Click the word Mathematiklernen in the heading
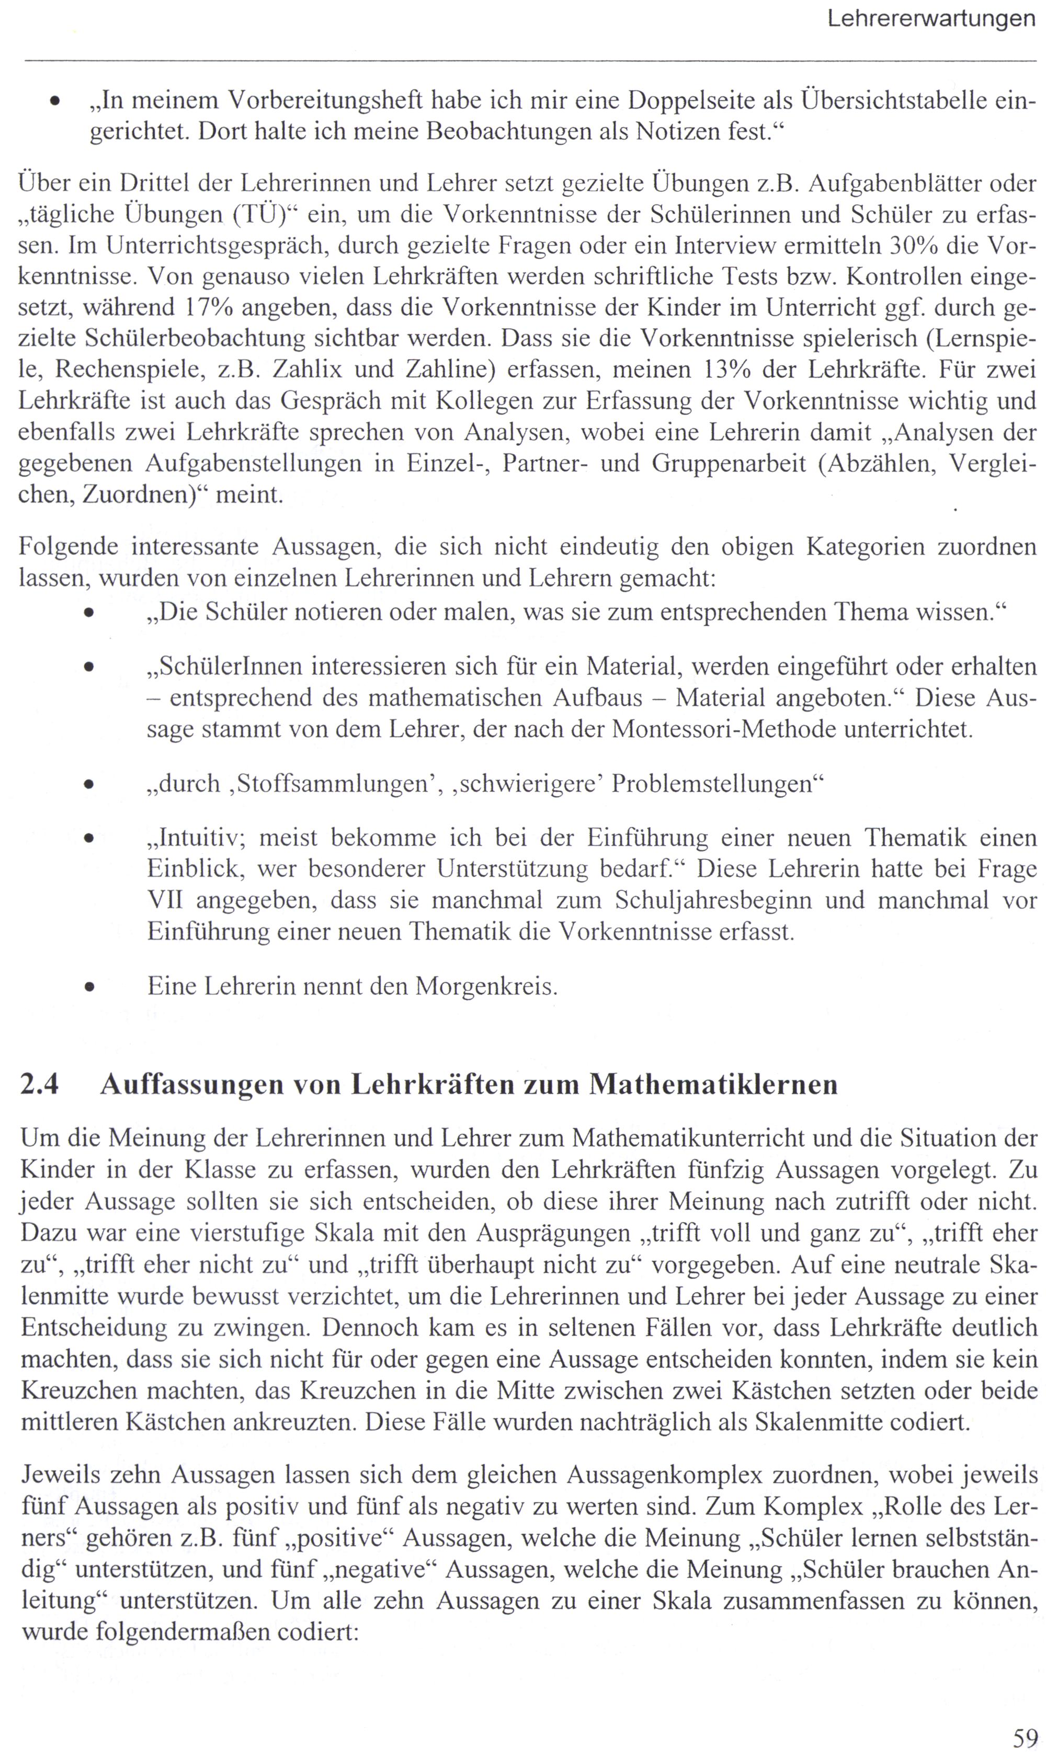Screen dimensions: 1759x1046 (713, 1084)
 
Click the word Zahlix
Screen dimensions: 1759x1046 (310, 369)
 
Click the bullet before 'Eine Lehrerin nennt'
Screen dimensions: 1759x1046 (89, 987)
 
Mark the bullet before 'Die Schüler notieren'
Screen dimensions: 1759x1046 (89, 613)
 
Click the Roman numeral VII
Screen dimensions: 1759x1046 (165, 900)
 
